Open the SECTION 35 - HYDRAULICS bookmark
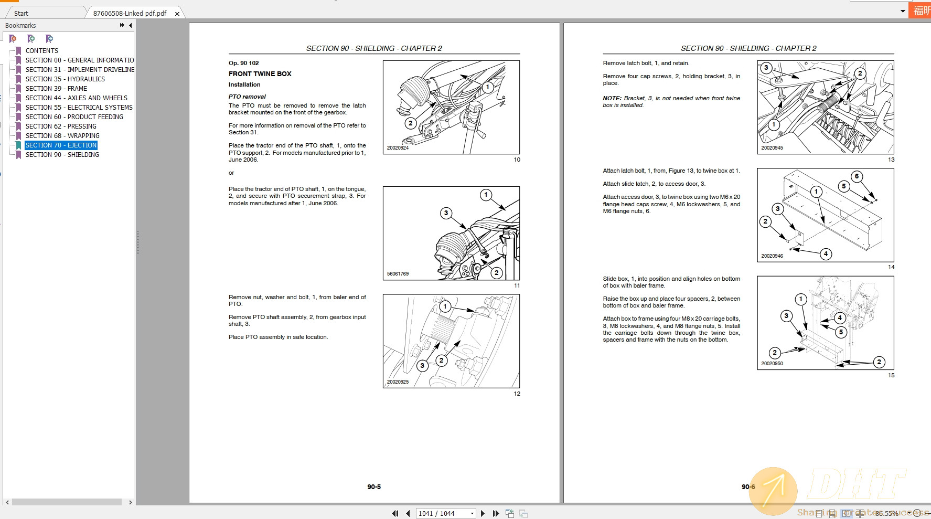click(65, 79)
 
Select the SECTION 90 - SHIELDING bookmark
click(62, 155)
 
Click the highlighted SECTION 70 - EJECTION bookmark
click(61, 145)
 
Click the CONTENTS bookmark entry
click(42, 51)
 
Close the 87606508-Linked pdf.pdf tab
click(177, 14)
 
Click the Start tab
click(22, 13)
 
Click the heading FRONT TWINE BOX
click(260, 74)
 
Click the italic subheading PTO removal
click(247, 97)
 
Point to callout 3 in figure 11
click(446, 213)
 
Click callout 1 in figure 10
click(488, 87)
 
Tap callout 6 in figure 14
click(857, 176)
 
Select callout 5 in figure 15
click(841, 332)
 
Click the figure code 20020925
click(398, 382)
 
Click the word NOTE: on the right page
click(612, 98)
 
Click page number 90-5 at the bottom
click(374, 487)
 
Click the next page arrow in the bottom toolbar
click(483, 513)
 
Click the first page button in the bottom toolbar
click(395, 513)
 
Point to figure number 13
click(891, 160)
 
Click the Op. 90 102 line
click(243, 63)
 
